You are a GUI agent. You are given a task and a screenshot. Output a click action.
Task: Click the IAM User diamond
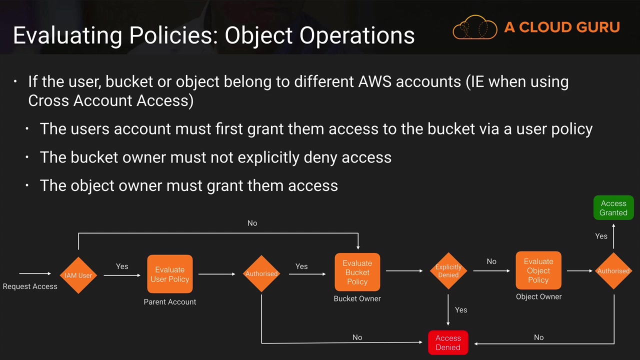78,275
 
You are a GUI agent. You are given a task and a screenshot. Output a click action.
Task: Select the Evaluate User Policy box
169,274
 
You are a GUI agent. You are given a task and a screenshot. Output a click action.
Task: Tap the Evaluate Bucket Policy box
357,272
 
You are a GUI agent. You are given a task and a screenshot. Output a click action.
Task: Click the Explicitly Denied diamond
448,271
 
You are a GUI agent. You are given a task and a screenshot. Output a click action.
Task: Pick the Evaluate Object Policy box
538,270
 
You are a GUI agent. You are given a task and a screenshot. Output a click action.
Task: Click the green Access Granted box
613,207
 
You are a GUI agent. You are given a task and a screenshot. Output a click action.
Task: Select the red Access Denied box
448,342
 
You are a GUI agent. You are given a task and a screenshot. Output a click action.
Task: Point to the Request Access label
30,286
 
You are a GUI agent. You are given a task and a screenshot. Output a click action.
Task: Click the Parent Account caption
169,301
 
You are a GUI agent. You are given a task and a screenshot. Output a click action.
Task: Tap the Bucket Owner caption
357,298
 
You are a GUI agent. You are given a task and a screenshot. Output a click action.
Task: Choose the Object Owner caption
538,296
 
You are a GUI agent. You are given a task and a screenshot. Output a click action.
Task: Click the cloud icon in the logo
475,27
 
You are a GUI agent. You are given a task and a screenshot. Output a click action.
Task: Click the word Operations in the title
357,36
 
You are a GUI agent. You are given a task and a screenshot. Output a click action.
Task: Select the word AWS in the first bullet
374,81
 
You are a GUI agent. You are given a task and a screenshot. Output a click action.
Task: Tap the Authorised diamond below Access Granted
613,271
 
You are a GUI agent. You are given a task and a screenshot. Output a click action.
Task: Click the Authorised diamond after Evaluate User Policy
261,273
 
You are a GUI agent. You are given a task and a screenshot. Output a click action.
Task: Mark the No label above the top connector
252,223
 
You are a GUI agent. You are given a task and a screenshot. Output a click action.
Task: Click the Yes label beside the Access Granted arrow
601,236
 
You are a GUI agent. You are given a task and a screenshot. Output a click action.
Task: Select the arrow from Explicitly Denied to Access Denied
448,310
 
